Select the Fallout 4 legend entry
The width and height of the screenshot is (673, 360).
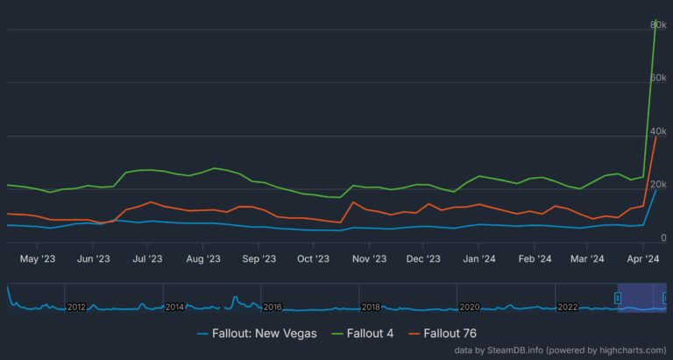376,333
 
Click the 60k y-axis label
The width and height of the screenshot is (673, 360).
659,78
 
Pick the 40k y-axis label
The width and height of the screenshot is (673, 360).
659,131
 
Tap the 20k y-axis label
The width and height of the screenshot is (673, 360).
659,185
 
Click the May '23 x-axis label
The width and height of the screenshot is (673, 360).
37,258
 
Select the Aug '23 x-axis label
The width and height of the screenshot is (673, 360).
202,258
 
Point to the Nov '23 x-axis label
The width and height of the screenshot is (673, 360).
369,258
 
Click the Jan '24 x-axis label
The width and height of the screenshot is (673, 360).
481,258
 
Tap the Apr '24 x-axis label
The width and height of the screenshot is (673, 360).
645,258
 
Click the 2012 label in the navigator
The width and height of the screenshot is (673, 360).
76,307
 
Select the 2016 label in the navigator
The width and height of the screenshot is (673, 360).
273,307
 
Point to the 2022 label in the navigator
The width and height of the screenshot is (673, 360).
568,307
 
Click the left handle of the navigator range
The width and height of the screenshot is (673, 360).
618,299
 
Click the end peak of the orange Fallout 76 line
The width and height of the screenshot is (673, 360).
655,137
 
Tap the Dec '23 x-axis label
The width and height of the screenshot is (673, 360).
424,258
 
